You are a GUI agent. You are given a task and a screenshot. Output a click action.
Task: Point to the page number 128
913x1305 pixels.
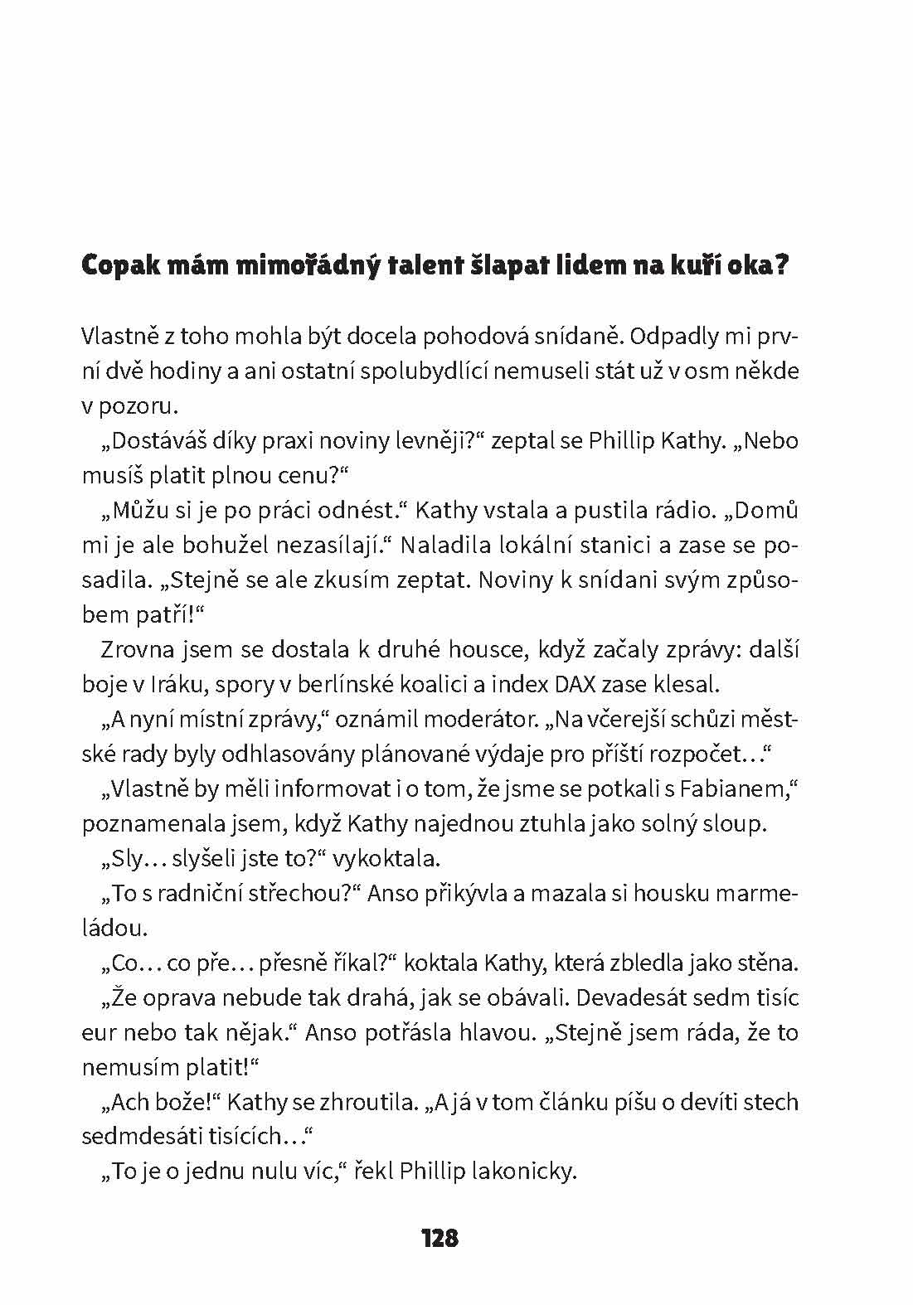click(440, 1238)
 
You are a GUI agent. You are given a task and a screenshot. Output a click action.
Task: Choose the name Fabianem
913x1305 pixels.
click(734, 789)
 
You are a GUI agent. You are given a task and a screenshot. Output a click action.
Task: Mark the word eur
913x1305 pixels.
click(98, 1033)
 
